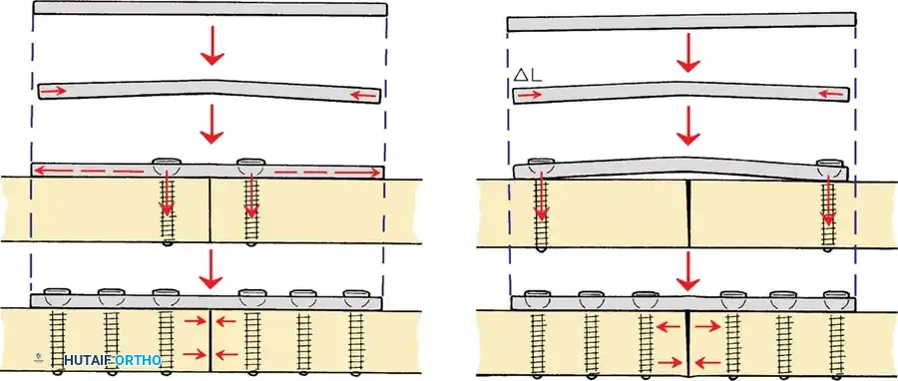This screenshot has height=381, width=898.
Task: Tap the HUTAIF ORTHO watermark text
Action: pos(112,359)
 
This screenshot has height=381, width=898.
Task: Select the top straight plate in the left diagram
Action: pos(210,9)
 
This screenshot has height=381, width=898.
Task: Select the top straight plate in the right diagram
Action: pos(682,21)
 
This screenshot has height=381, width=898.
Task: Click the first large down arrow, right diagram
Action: pos(685,56)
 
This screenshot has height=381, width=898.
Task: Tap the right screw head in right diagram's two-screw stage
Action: pos(829,166)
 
